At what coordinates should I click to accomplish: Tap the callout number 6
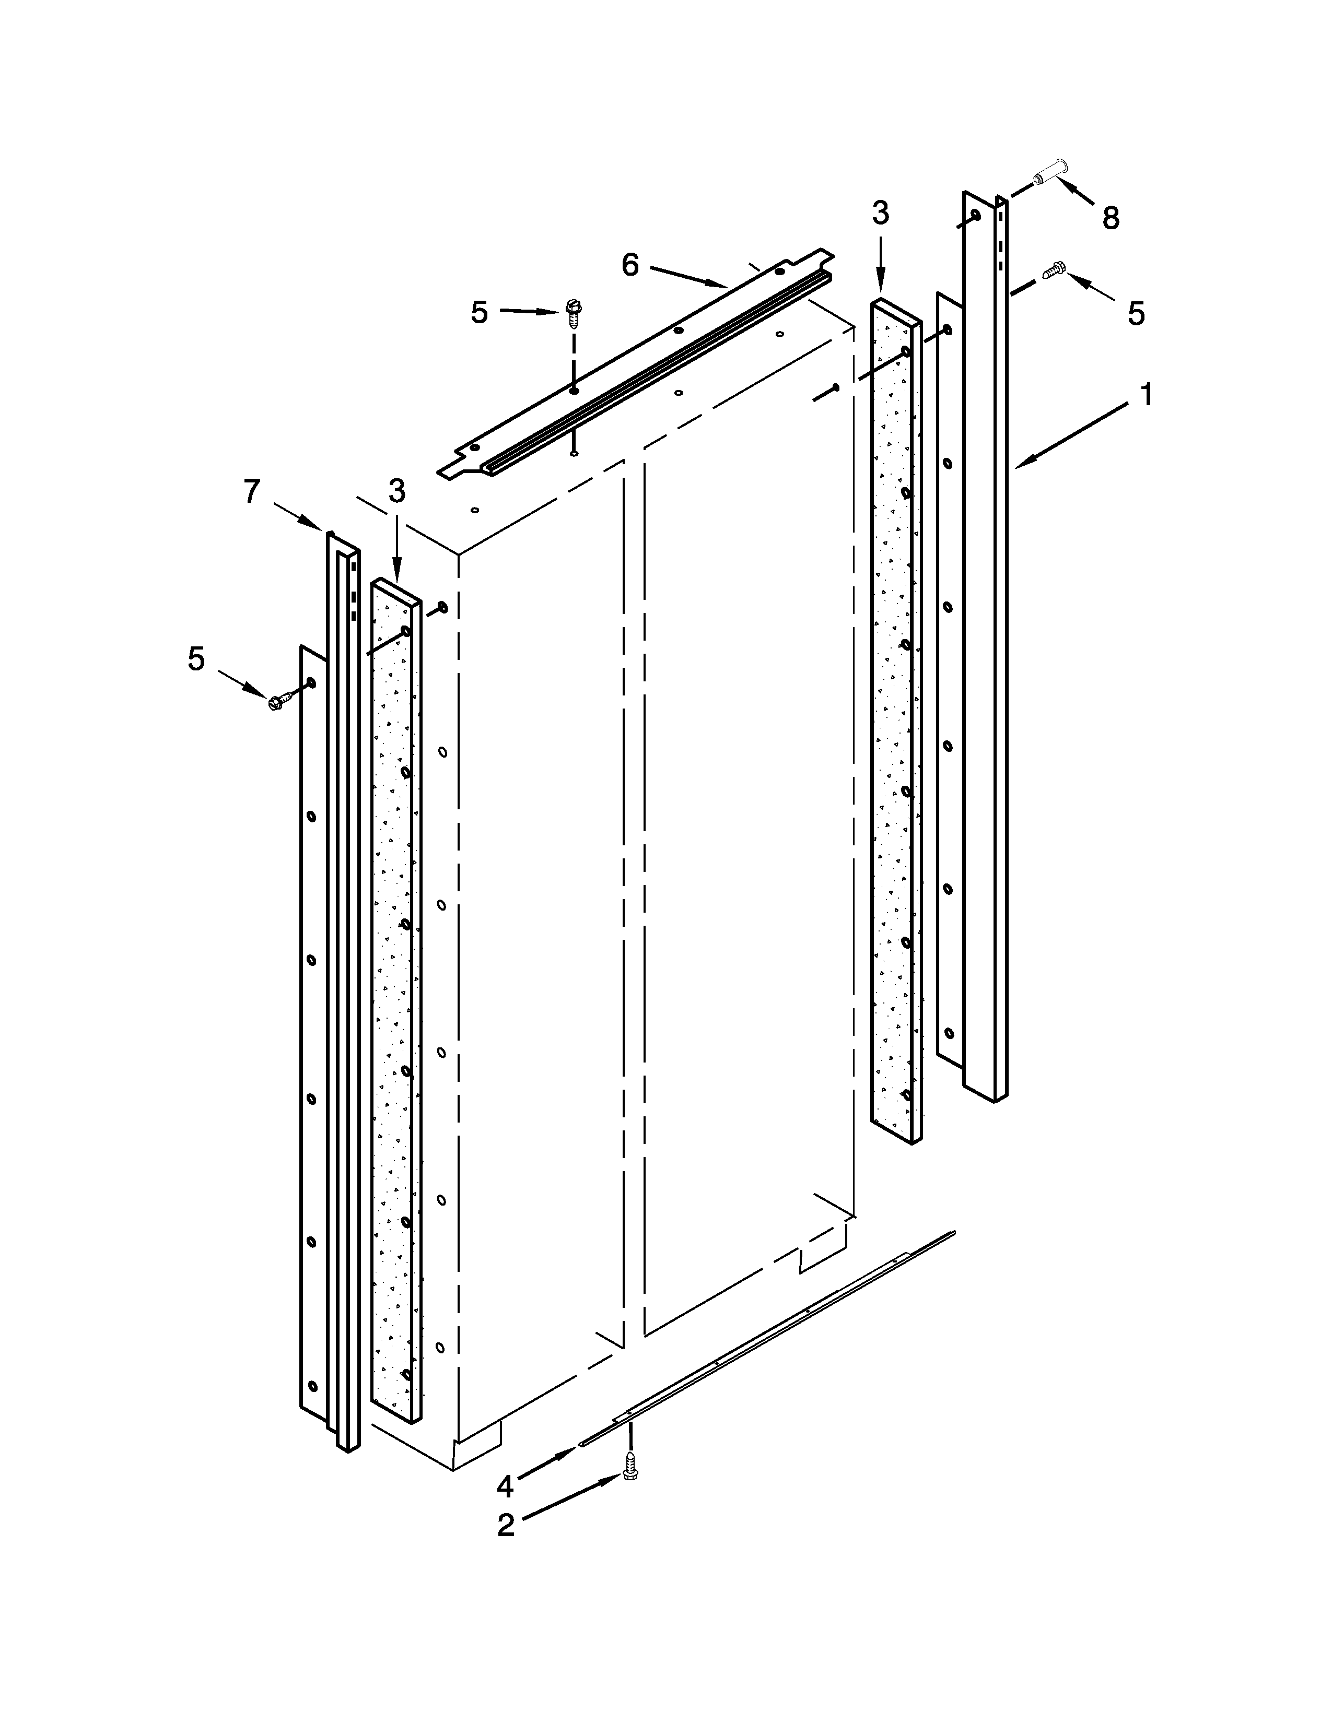pyautogui.click(x=630, y=265)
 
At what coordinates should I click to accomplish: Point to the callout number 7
pyautogui.click(x=251, y=491)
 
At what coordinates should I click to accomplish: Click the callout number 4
pyautogui.click(x=505, y=1486)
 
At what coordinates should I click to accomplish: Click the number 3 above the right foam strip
pyautogui.click(x=881, y=213)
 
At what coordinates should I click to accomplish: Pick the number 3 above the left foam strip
pyautogui.click(x=397, y=491)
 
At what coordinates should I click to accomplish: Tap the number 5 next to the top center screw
pyautogui.click(x=479, y=312)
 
